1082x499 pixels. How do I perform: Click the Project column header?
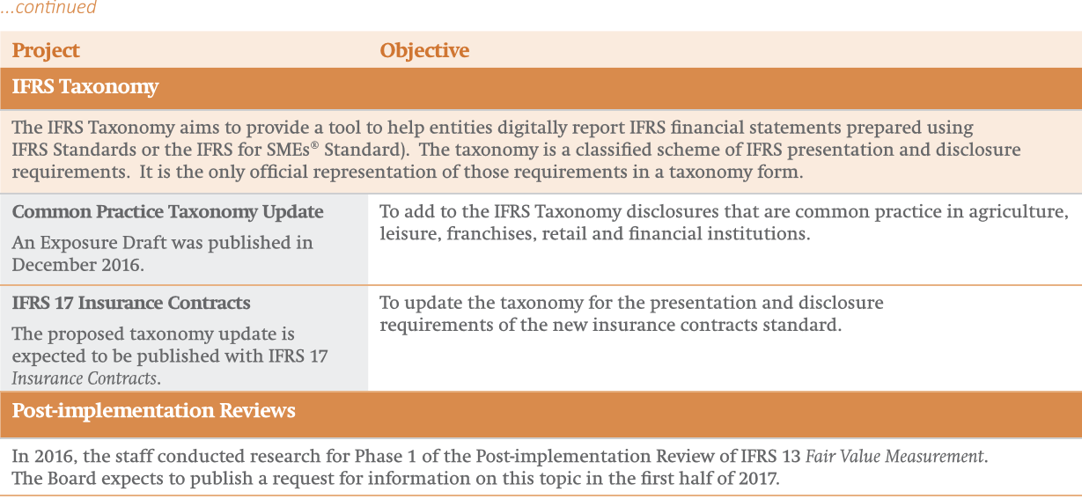coord(46,51)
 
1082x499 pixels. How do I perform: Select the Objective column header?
coord(424,51)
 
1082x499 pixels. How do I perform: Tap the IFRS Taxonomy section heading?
coord(85,87)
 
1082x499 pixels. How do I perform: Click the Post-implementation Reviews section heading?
coord(153,411)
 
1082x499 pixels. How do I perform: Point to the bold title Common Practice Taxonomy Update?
coord(167,212)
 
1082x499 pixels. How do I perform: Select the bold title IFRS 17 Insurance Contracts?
coord(131,303)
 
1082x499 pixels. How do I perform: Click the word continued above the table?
coord(56,7)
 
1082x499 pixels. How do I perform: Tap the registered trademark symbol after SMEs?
coord(314,144)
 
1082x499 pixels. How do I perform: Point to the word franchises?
coord(491,234)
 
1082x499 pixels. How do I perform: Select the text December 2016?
coord(77,265)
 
